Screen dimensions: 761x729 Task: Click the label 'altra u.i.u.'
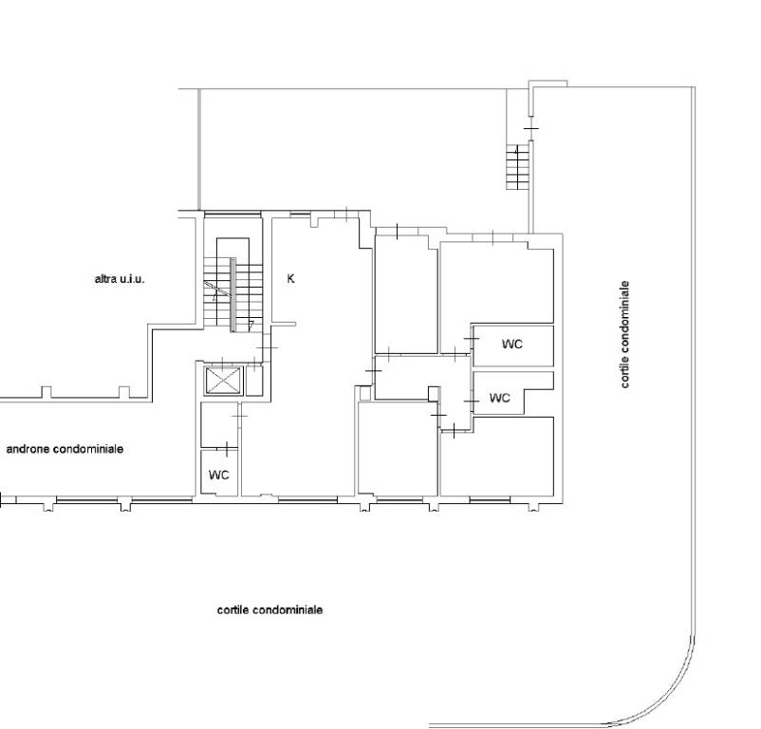click(120, 279)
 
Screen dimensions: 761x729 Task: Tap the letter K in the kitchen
click(290, 278)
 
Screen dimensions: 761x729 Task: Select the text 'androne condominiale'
click(65, 449)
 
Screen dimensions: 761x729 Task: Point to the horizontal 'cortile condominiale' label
click(269, 610)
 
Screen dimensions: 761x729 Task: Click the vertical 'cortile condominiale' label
click(624, 334)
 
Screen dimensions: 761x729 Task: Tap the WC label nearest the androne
click(219, 475)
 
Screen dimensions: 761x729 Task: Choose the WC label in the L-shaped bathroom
click(500, 398)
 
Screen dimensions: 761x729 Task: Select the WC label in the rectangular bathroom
click(512, 345)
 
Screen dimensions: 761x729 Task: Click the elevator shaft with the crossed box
click(223, 380)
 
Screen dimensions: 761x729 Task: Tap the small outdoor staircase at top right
click(518, 167)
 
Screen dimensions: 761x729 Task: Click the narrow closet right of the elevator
click(254, 381)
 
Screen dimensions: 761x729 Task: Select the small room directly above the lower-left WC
click(219, 424)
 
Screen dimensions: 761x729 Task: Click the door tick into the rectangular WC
click(471, 338)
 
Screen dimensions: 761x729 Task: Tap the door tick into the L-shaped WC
click(471, 402)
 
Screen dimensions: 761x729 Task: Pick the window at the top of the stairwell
click(232, 214)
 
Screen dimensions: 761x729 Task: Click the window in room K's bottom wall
click(307, 499)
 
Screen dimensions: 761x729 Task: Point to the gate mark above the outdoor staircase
click(531, 128)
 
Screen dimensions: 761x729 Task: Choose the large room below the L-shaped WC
click(497, 457)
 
